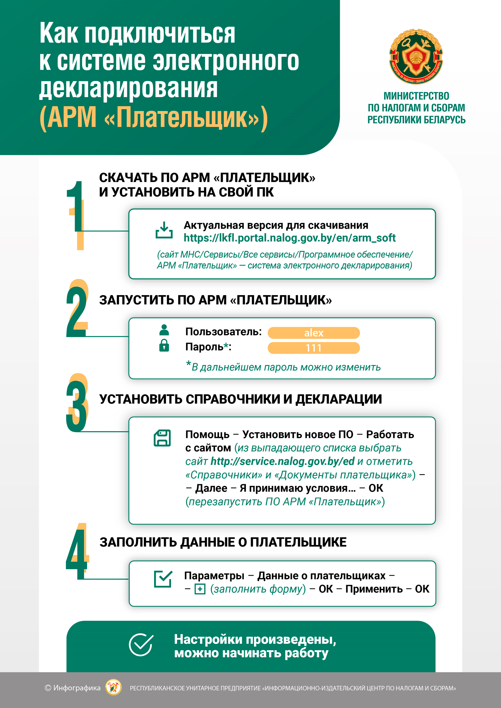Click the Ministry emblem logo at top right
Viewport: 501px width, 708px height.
pyautogui.click(x=416, y=56)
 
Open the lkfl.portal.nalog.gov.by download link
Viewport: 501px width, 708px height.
pyautogui.click(x=289, y=238)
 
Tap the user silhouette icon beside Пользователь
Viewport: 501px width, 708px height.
pyautogui.click(x=164, y=330)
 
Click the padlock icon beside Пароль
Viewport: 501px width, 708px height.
pyautogui.click(x=164, y=345)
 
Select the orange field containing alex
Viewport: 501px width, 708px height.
pyautogui.click(x=314, y=333)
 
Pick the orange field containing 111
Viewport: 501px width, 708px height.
pyautogui.click(x=314, y=348)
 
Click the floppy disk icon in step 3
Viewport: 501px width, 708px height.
pyautogui.click(x=162, y=438)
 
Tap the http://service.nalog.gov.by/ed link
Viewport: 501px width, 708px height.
pyautogui.click(x=282, y=461)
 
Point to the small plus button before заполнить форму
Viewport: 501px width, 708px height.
pyautogui.click(x=200, y=589)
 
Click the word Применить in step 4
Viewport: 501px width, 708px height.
pyautogui.click(x=374, y=589)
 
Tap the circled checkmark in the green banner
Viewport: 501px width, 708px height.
pyautogui.click(x=141, y=645)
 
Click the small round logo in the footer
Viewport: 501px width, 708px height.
pyautogui.click(x=114, y=688)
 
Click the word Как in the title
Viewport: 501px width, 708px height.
pyautogui.click(x=59, y=33)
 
